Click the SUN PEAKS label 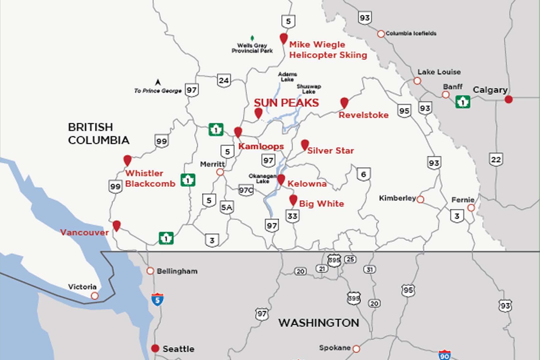click(286, 103)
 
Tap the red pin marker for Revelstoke click(344, 102)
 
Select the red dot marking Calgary click(508, 99)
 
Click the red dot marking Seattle click(155, 348)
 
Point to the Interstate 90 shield click(444, 355)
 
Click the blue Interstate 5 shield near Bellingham click(157, 299)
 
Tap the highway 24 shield click(224, 80)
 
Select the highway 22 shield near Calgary click(496, 159)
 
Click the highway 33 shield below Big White click(292, 216)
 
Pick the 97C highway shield click(246, 190)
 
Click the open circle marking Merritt click(220, 172)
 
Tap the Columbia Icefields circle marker click(381, 34)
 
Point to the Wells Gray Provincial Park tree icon click(252, 38)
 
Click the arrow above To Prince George click(158, 82)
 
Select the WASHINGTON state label click(319, 323)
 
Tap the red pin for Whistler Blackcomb click(127, 160)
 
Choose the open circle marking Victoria click(94, 296)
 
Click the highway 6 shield click(364, 174)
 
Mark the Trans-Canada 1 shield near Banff click(462, 102)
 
